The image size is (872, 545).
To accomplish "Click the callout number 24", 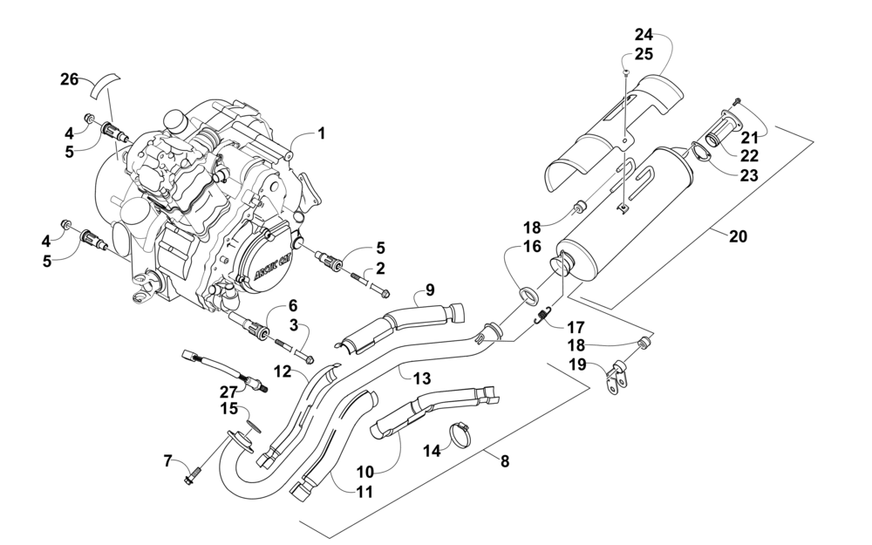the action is [x=644, y=35].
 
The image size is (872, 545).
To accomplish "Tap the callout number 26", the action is [x=70, y=79].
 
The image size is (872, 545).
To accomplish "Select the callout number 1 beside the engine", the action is [x=321, y=133].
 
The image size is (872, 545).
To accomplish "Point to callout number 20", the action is [x=738, y=236].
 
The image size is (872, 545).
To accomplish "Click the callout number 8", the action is [x=504, y=461].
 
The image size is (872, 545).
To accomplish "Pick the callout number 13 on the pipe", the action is [x=422, y=378].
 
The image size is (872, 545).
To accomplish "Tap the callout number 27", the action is [x=228, y=392].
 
